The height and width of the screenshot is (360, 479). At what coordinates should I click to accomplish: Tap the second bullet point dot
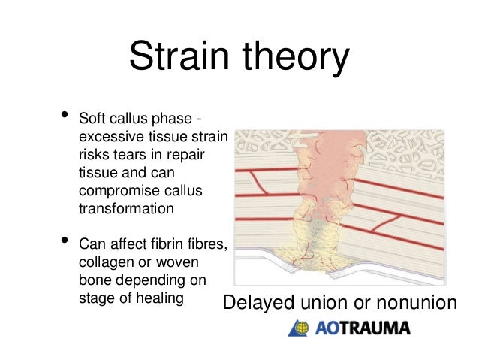(64, 241)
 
